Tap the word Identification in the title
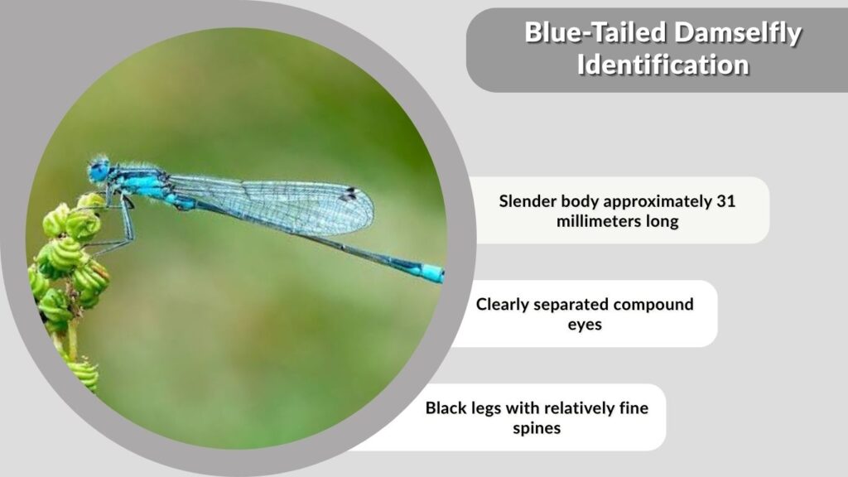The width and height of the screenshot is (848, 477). pyautogui.click(x=663, y=65)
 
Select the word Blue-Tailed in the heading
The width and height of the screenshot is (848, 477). pyautogui.click(x=596, y=32)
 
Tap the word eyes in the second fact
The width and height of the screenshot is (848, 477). pyautogui.click(x=585, y=325)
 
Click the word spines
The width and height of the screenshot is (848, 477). pyautogui.click(x=537, y=429)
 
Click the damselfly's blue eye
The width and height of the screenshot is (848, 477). pyautogui.click(x=99, y=171)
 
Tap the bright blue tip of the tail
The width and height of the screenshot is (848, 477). pyautogui.click(x=432, y=272)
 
